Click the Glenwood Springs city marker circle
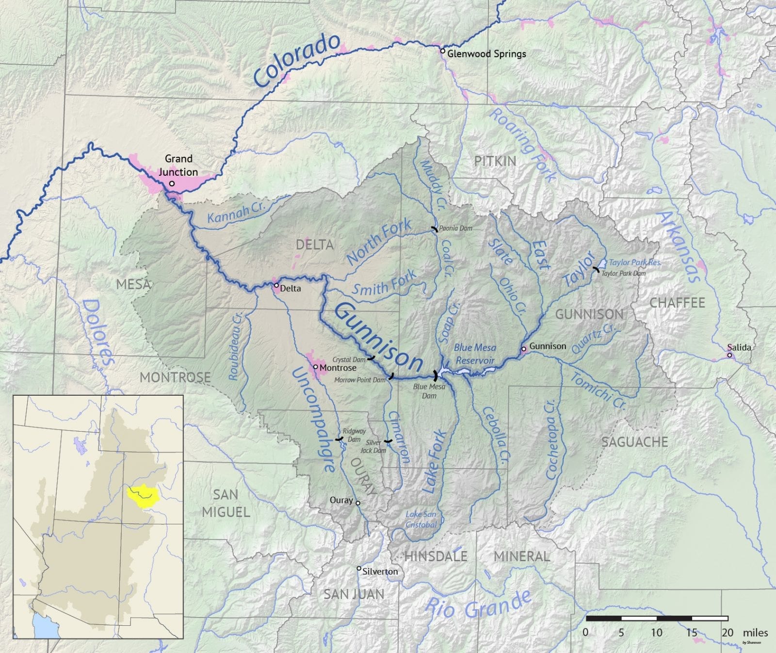coord(442,50)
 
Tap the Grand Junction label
coord(178,165)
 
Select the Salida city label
coord(739,347)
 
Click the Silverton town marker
coord(359,569)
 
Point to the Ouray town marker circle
coord(358,503)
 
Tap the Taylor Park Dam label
coord(623,273)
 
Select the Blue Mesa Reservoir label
coord(475,354)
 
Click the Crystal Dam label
coord(349,360)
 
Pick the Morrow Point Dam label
coord(359,380)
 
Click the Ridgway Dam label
coord(354,435)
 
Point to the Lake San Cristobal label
coord(421,519)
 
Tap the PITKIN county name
coord(495,161)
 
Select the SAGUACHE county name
coord(634,442)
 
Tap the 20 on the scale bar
coord(727,633)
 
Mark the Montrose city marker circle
coord(315,367)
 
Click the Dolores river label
coord(98,333)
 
